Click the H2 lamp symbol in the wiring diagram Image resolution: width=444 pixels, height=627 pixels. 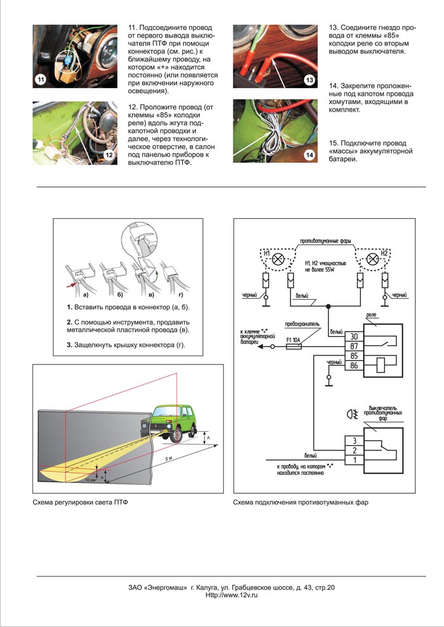(371, 259)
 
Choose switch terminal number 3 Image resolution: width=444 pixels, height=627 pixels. (354, 439)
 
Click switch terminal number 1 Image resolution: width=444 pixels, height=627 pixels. (354, 460)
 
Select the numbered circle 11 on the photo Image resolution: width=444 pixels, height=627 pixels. (41, 80)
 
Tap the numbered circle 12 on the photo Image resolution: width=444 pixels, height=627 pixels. (108, 154)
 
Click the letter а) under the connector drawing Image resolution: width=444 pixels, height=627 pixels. (83, 295)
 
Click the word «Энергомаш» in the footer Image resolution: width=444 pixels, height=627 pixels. (166, 587)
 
